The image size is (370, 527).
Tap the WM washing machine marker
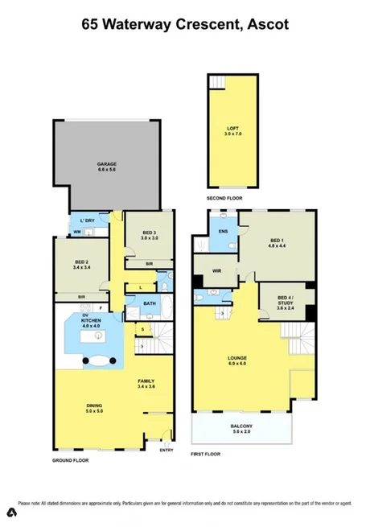[x=76, y=233]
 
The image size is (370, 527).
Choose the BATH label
[x=150, y=303]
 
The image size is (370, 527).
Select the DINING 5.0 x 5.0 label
[x=96, y=410]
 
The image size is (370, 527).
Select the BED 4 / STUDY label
[x=286, y=302]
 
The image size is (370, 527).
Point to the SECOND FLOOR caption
[x=224, y=198]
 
